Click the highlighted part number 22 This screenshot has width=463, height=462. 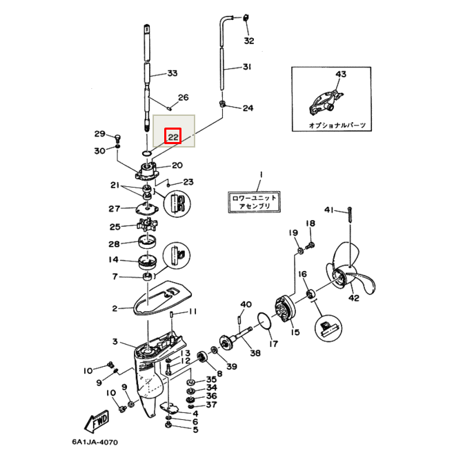coord(173,137)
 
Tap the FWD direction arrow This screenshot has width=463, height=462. coord(97,421)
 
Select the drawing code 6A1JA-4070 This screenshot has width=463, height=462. coord(95,442)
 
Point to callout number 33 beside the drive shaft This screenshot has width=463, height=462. coord(172,73)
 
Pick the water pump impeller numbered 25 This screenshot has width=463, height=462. coord(147,225)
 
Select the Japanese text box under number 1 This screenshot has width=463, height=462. coord(254,202)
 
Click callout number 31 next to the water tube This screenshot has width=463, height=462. coord(247,67)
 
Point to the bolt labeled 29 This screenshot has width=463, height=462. coord(117,138)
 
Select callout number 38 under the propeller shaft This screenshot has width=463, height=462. coord(255,352)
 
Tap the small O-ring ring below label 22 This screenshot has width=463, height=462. coord(147,153)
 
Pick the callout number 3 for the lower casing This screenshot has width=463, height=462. coord(115,341)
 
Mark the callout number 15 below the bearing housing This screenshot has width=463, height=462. coord(295,332)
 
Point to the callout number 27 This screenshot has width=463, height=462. coord(115,208)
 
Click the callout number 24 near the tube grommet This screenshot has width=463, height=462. coord(248,108)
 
